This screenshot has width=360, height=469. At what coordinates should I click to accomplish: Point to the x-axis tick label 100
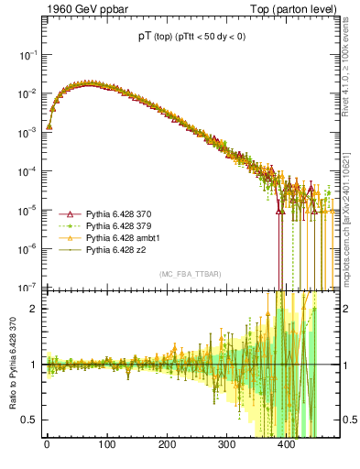tap(106, 445)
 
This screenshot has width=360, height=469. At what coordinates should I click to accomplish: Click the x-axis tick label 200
tap(166, 445)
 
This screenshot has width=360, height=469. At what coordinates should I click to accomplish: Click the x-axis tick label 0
tap(47, 445)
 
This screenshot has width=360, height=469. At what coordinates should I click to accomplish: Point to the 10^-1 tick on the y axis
tap(29, 55)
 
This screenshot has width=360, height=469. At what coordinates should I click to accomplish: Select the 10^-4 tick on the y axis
tap(29, 170)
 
